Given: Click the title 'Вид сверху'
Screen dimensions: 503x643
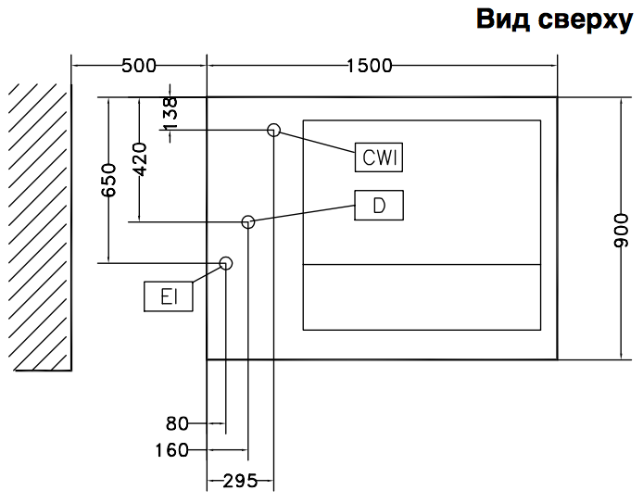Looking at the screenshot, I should point(553,19).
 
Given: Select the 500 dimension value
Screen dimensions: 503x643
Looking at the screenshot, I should point(138,66).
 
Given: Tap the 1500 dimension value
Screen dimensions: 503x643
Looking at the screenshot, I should point(369,66).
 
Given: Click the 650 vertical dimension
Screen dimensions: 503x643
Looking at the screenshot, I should point(109,180).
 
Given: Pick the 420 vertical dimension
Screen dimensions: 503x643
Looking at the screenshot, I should point(139,159).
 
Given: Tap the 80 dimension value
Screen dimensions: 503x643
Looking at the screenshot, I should point(177,424).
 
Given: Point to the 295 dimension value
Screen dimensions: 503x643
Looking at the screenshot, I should point(240,480).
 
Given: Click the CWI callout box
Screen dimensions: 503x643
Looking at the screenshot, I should point(379,158).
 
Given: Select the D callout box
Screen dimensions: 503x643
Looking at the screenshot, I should point(379,206).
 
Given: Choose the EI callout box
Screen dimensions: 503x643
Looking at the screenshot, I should point(169,296).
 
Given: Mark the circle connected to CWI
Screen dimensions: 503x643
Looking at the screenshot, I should point(273,130).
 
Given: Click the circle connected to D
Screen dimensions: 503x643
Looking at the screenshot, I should point(247,221).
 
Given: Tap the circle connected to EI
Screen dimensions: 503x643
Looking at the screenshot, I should point(225,263).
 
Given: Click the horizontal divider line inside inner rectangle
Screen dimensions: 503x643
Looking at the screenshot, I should point(422,265).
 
